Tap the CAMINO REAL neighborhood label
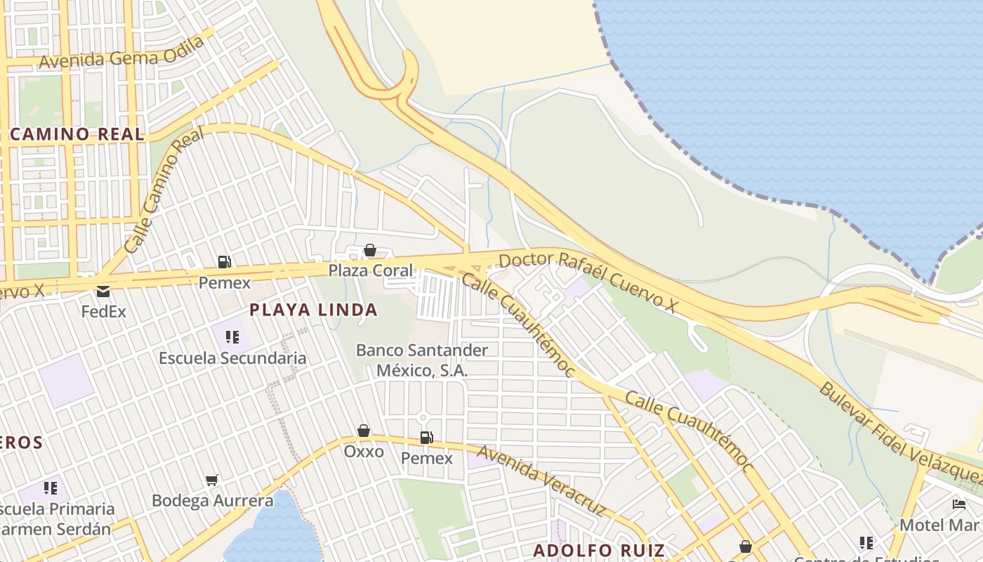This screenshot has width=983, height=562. pyautogui.click(x=77, y=134)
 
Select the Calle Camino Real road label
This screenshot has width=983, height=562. pyautogui.click(x=164, y=190)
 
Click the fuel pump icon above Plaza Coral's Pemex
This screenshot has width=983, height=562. pyautogui.click(x=224, y=262)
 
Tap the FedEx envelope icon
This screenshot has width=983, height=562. pyautogui.click(x=103, y=291)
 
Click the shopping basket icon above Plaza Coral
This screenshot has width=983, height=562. pyautogui.click(x=370, y=250)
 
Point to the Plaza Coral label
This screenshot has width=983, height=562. pyautogui.click(x=371, y=270)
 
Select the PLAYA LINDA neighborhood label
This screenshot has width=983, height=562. pyautogui.click(x=313, y=310)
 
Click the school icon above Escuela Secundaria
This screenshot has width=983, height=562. pyautogui.click(x=232, y=337)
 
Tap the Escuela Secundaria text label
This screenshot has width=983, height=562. pyautogui.click(x=232, y=358)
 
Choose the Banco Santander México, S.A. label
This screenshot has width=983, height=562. pyautogui.click(x=422, y=360)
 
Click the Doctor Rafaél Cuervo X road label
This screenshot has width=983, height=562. pyautogui.click(x=588, y=282)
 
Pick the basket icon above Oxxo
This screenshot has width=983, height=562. pyautogui.click(x=364, y=431)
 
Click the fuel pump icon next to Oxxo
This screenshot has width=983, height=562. pyautogui.click(x=426, y=438)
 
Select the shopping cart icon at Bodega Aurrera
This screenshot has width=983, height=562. pyautogui.click(x=212, y=480)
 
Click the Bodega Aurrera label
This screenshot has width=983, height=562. pyautogui.click(x=213, y=501)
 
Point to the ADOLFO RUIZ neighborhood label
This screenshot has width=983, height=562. pyautogui.click(x=598, y=550)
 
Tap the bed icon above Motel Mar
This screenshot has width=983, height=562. pyautogui.click(x=959, y=504)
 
